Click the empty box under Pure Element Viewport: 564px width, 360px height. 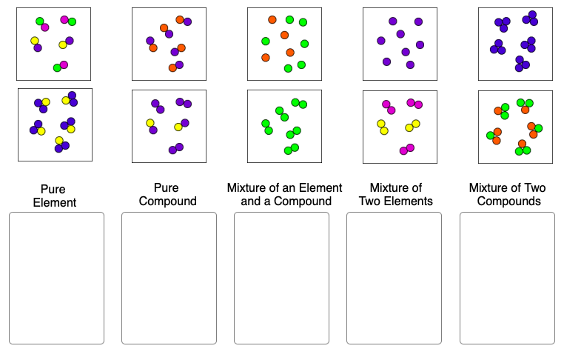(56, 278)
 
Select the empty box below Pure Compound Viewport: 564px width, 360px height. (169, 278)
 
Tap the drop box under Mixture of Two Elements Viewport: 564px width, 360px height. (394, 278)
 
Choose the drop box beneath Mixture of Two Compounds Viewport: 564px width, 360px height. (507, 278)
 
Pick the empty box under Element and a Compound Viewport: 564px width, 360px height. (281, 278)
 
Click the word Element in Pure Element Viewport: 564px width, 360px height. (55, 203)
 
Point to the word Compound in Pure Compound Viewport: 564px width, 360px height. (168, 201)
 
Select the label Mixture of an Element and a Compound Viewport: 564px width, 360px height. (285, 194)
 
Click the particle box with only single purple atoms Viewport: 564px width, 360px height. (400, 44)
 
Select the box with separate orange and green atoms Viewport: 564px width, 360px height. (284, 44)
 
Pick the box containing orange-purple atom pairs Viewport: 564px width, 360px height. (169, 44)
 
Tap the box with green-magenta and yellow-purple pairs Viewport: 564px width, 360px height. (53, 44)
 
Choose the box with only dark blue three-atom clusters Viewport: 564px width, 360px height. (515, 44)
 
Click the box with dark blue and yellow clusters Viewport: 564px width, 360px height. (55, 125)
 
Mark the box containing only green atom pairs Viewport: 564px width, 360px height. (284, 126)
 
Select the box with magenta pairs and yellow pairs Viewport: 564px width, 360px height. (400, 126)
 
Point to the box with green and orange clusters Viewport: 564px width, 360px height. (515, 126)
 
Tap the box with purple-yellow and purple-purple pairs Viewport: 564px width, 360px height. (169, 126)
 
